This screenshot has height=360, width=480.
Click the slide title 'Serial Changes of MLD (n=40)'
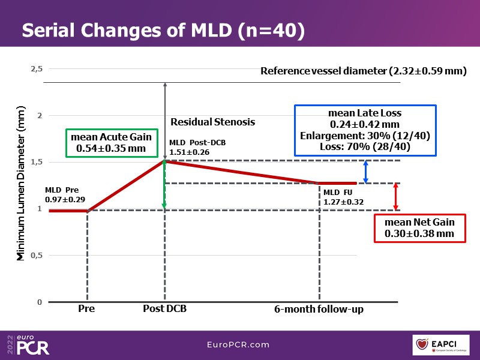click(x=163, y=31)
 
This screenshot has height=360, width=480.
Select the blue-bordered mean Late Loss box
click(x=364, y=130)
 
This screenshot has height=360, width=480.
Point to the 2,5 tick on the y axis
click(x=37, y=69)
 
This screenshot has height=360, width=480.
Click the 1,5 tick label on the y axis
click(x=37, y=162)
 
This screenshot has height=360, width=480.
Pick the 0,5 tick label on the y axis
click(x=37, y=256)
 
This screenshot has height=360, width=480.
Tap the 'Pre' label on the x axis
click(x=86, y=310)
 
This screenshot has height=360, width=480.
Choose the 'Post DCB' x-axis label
click(x=164, y=310)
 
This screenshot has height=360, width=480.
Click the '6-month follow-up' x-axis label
click(x=319, y=310)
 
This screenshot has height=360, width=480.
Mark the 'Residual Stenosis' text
click(x=213, y=122)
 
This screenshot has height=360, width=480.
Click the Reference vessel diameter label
click(x=364, y=71)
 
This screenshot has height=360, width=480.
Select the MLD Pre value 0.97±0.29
click(x=65, y=199)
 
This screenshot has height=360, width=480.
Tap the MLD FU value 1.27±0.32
click(x=344, y=202)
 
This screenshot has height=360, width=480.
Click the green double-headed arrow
click(x=164, y=185)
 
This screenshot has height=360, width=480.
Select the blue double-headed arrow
click(x=366, y=172)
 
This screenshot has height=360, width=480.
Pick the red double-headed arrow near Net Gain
click(x=395, y=197)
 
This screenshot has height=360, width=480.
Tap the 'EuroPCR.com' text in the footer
click(x=239, y=345)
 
